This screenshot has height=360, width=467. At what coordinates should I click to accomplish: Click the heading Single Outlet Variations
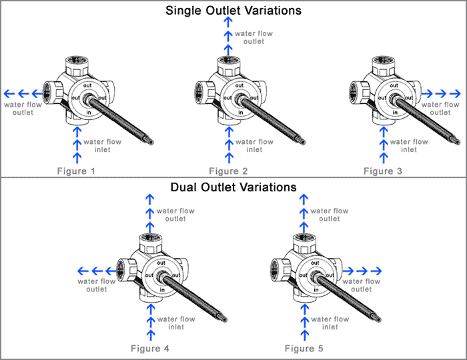coord(233,11)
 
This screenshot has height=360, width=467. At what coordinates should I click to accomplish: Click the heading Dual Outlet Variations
coord(233,187)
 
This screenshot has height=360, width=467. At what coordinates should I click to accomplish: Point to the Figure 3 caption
coord(383,171)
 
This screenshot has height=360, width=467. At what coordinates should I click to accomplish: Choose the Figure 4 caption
coord(155,349)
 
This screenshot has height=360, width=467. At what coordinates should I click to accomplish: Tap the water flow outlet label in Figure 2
coord(254,37)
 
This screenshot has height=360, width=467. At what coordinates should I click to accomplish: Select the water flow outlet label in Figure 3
coord(440,108)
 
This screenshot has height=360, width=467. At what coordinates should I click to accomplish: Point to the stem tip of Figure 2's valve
coord(304,141)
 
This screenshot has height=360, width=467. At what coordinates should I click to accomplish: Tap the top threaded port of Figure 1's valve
coord(79,65)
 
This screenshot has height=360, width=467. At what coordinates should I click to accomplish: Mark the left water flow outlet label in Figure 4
coord(97,285)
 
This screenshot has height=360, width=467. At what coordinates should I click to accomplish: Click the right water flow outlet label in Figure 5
coord(362,285)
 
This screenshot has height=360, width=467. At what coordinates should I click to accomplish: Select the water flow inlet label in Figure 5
coord(329,323)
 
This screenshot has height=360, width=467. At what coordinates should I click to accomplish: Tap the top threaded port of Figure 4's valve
coord(152,243)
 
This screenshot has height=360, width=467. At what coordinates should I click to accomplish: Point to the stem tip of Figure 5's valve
coord(378,319)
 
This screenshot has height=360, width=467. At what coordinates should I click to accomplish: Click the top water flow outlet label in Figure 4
coord(175,215)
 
